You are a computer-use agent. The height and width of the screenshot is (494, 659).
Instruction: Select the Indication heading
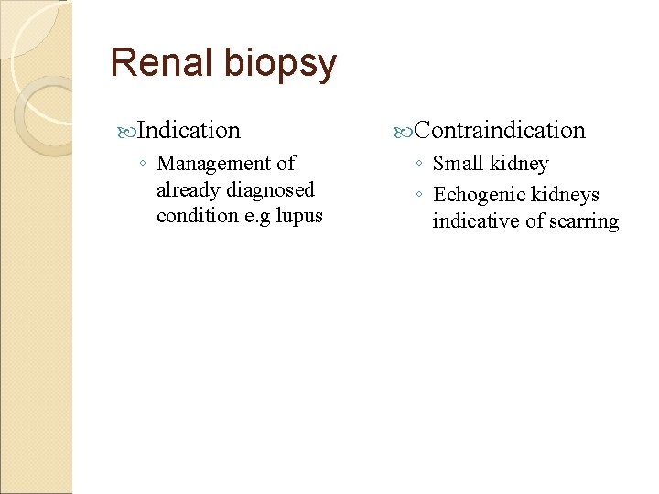(x=190, y=131)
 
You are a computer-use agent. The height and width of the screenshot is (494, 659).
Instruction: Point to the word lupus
(x=299, y=217)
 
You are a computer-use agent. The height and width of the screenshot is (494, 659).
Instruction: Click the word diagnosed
(x=272, y=190)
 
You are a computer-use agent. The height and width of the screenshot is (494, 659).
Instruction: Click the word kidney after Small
(x=519, y=165)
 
